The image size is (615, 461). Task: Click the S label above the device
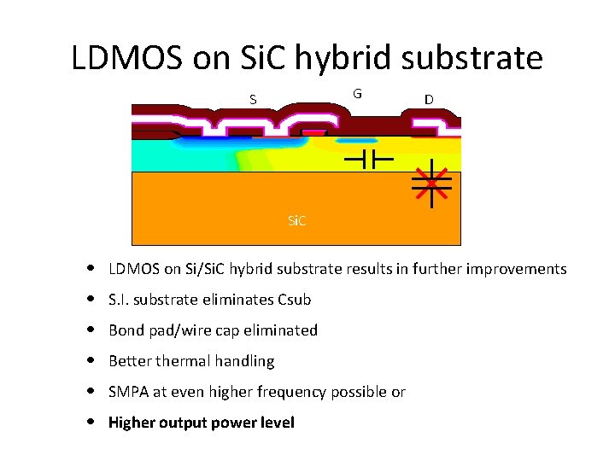(x=253, y=99)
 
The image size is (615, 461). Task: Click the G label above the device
(x=357, y=93)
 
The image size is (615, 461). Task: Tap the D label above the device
(x=428, y=99)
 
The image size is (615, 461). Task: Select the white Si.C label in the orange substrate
(x=296, y=220)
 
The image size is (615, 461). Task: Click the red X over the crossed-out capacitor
(x=431, y=183)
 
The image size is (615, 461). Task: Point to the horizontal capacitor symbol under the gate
(x=367, y=159)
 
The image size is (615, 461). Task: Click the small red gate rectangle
(x=315, y=133)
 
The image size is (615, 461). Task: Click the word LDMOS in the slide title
(x=126, y=58)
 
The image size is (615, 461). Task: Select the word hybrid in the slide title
(x=343, y=58)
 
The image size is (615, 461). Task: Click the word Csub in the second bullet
(x=295, y=300)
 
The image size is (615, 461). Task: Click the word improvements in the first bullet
(x=514, y=269)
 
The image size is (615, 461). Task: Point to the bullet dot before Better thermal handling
(x=91, y=362)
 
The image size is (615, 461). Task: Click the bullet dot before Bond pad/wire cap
(x=91, y=331)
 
